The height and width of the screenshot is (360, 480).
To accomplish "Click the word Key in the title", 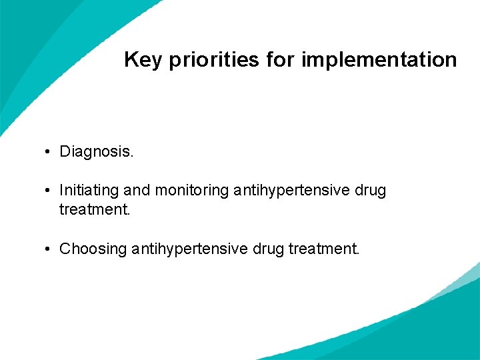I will (142, 61).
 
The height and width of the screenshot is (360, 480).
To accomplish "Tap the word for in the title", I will (280, 60).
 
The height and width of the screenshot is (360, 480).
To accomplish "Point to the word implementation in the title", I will (379, 61).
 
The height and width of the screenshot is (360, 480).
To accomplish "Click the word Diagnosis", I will (97, 152).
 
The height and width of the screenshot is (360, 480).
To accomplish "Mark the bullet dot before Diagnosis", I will (49, 152).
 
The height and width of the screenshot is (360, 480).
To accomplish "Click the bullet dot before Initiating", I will (49, 191).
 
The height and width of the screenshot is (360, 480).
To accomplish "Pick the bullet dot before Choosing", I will (49, 249).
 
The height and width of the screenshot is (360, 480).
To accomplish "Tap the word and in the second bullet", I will (137, 191).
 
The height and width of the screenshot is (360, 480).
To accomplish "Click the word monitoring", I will (191, 191).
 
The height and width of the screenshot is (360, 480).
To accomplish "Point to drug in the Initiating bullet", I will (370, 191).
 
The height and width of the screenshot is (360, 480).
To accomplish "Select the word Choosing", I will (93, 249).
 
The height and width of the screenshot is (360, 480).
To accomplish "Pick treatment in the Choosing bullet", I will (324, 249).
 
